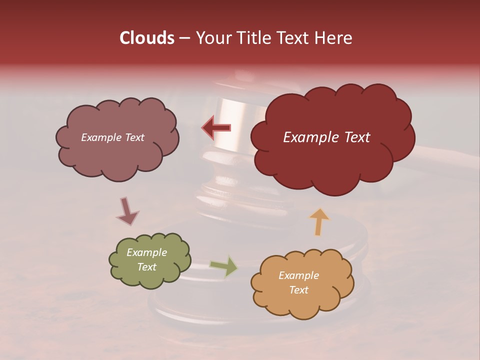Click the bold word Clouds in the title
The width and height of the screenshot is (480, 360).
(x=146, y=38)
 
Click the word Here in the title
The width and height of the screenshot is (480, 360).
(x=334, y=38)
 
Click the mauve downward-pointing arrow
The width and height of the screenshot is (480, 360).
(x=127, y=210)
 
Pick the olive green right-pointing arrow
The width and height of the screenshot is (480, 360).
(x=223, y=266)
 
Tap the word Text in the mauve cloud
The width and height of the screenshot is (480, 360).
(x=134, y=137)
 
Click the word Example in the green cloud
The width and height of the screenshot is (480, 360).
(x=146, y=252)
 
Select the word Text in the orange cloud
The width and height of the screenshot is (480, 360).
(x=298, y=290)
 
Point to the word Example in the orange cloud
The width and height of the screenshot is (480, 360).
(x=298, y=275)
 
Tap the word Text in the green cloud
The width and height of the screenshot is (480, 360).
(x=146, y=267)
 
